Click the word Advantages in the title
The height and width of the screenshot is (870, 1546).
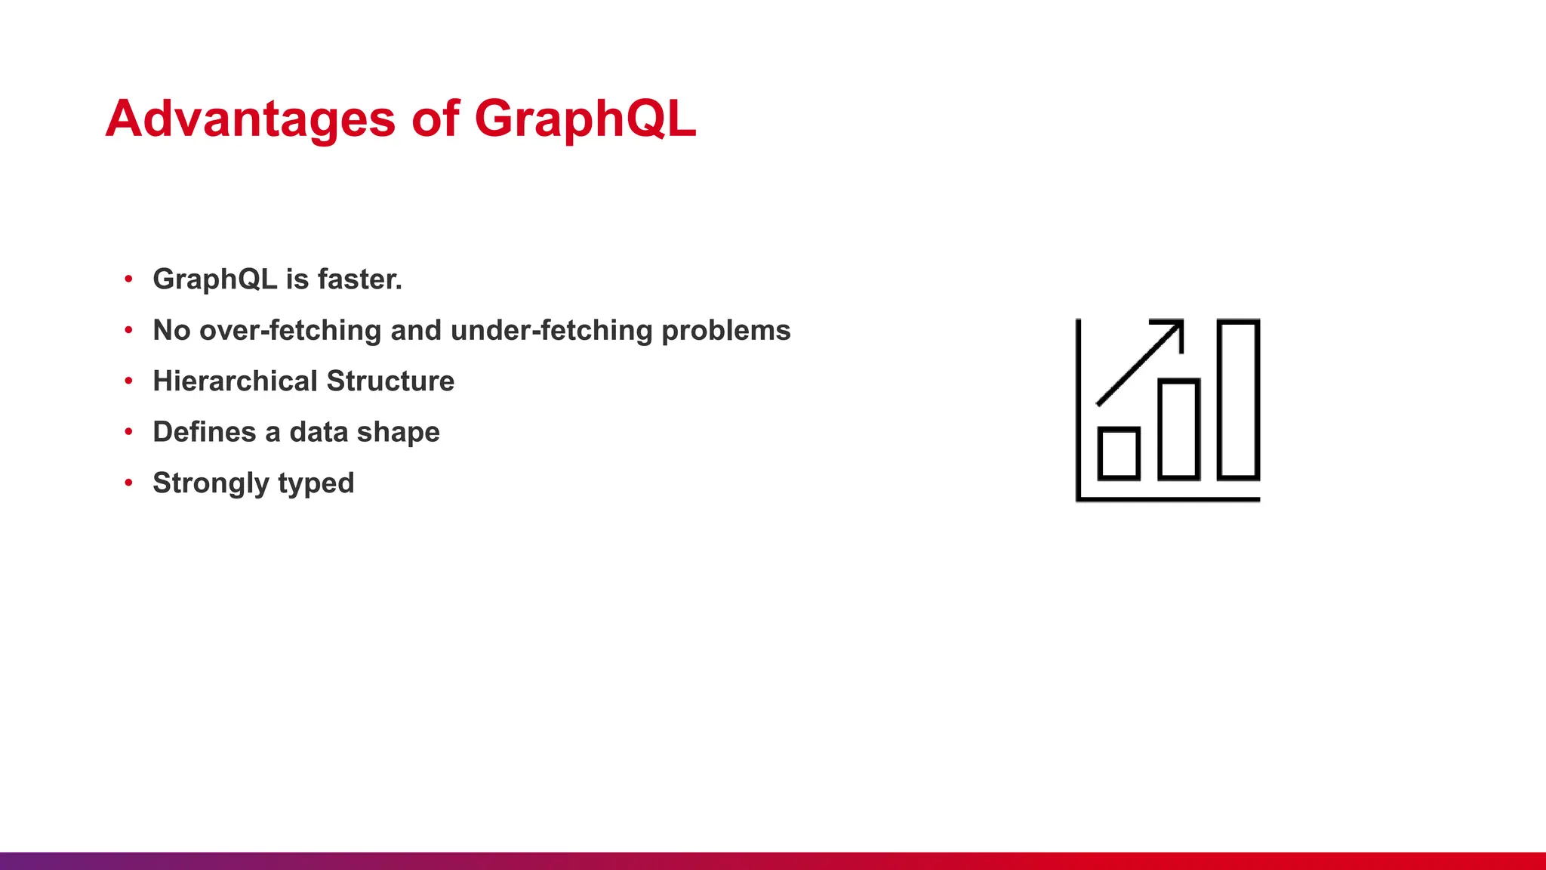tap(250, 119)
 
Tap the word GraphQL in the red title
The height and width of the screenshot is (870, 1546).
tap(584, 119)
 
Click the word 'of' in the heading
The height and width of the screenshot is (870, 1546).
tap(436, 119)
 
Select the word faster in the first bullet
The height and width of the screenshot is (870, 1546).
tap(359, 279)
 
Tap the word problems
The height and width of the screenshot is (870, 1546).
tap(725, 331)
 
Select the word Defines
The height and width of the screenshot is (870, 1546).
tap(204, 432)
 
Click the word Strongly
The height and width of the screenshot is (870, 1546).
tap(210, 483)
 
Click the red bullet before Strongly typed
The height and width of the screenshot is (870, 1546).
tap(129, 482)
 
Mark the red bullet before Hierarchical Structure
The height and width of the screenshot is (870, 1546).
tap(129, 380)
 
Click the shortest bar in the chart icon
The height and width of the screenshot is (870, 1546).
tap(1119, 453)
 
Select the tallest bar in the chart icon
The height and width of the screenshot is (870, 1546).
tap(1238, 400)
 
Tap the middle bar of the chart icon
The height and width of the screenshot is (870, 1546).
tap(1178, 429)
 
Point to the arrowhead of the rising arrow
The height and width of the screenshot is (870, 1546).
tap(1175, 328)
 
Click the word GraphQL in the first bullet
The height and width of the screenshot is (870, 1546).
tap(214, 279)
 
